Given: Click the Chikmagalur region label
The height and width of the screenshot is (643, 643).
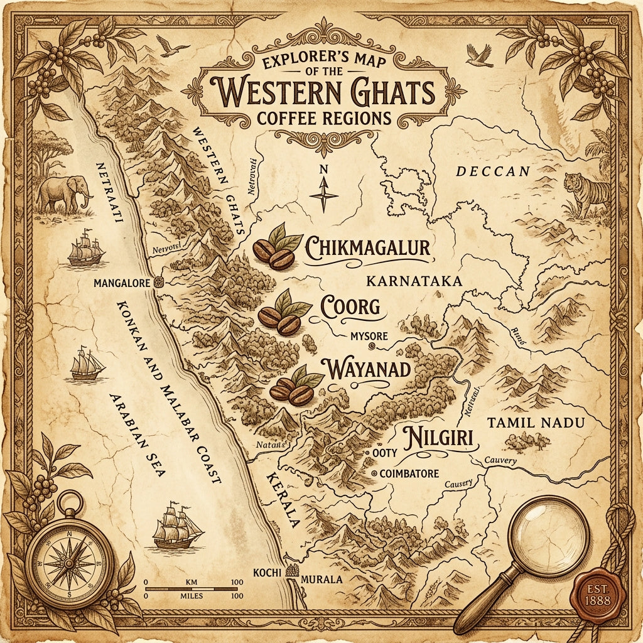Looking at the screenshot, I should (x=367, y=249).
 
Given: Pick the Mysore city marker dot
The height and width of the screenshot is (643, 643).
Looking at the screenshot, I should (x=372, y=345).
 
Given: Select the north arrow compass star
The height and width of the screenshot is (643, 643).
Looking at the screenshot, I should (x=324, y=194).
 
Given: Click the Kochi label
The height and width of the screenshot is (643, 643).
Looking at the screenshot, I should (x=264, y=572).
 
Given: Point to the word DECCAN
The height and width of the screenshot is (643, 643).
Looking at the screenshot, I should (x=493, y=171).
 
